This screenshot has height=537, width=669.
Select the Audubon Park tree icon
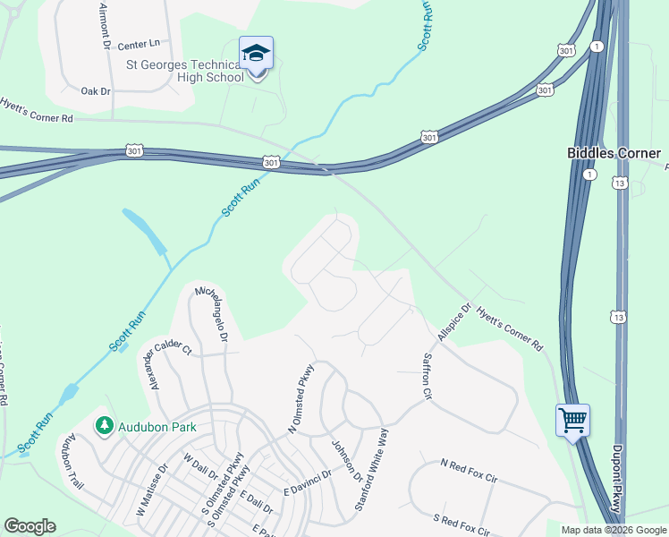105,426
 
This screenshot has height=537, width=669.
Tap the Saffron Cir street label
428,376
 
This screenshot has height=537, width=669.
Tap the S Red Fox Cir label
462,524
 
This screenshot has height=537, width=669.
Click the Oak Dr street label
95,91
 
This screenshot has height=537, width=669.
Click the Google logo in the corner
30,526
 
